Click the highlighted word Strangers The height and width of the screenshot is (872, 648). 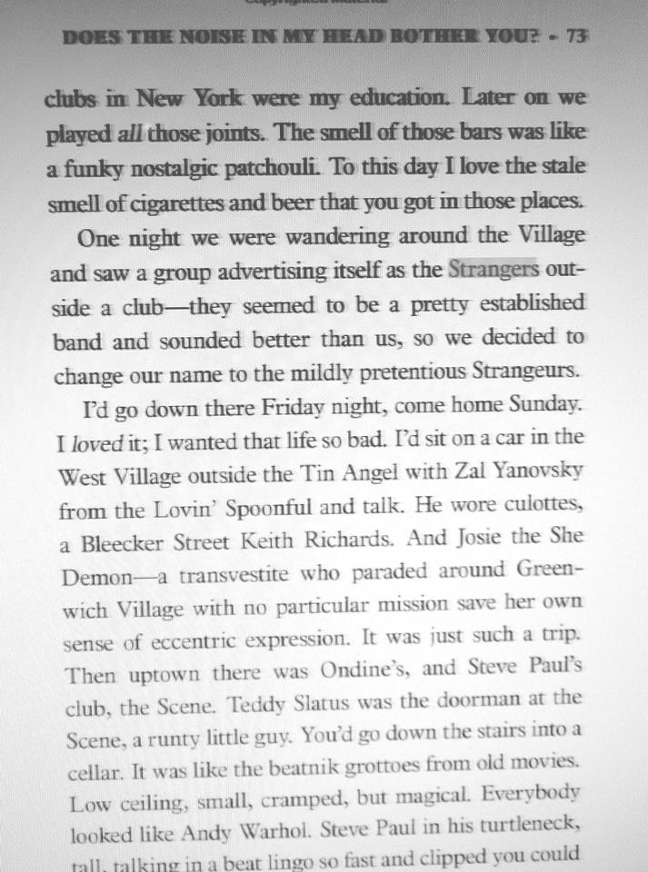(493, 271)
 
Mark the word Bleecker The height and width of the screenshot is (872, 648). (124, 544)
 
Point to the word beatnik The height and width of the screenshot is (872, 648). (285, 762)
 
